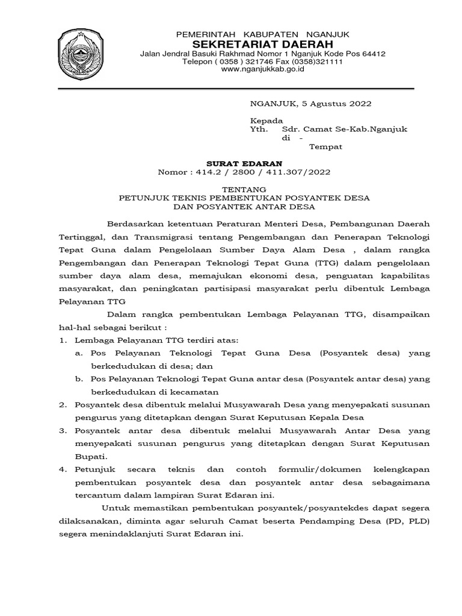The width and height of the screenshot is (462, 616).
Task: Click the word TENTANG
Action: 244,188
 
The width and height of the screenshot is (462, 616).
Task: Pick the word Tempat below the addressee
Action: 325,146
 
